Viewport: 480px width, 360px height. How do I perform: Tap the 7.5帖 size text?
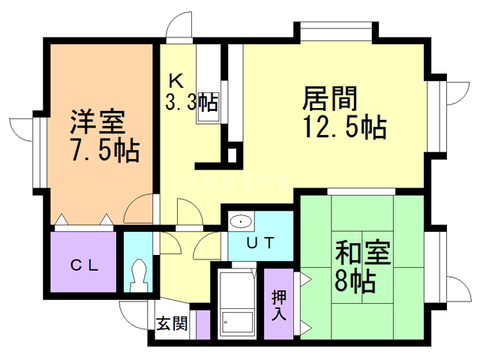(x=103, y=151)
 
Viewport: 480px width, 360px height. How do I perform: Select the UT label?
(x=261, y=242)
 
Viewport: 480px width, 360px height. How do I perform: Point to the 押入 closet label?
(x=279, y=303)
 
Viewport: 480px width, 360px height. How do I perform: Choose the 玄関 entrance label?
(x=172, y=324)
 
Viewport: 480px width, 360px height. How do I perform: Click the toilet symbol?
(x=138, y=276)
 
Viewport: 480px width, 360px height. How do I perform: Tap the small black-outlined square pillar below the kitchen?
(x=232, y=156)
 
